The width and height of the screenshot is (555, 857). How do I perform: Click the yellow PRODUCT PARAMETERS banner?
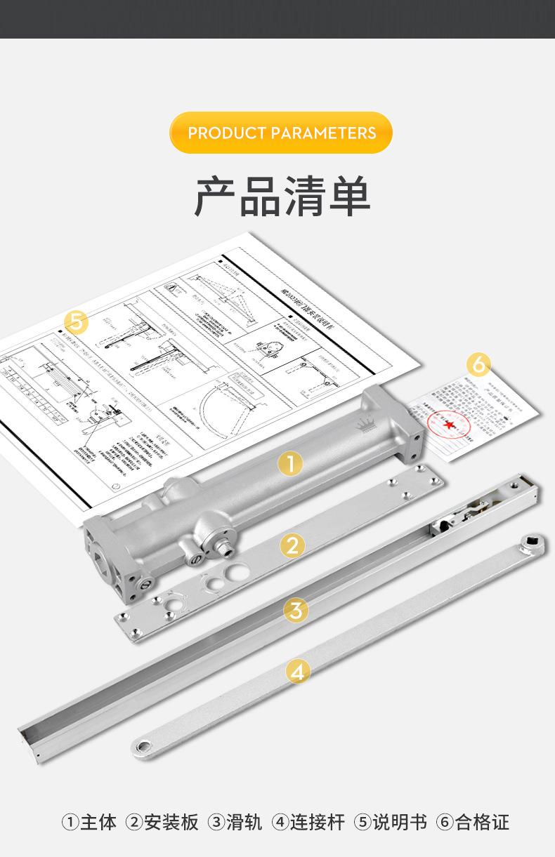[281, 133]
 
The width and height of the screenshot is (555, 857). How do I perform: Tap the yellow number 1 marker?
[290, 463]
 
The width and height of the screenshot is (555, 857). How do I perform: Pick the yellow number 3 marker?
[296, 609]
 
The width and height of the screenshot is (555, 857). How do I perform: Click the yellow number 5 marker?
[77, 323]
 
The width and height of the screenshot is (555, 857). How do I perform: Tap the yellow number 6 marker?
[478, 364]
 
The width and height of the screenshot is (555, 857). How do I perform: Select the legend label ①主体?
[89, 822]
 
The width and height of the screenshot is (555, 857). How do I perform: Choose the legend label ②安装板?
[162, 822]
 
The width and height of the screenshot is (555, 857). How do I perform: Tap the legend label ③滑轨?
[235, 822]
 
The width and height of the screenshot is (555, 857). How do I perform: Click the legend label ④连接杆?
[309, 822]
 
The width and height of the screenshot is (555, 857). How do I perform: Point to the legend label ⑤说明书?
[391, 822]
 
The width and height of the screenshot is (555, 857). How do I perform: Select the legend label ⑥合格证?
[472, 822]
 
